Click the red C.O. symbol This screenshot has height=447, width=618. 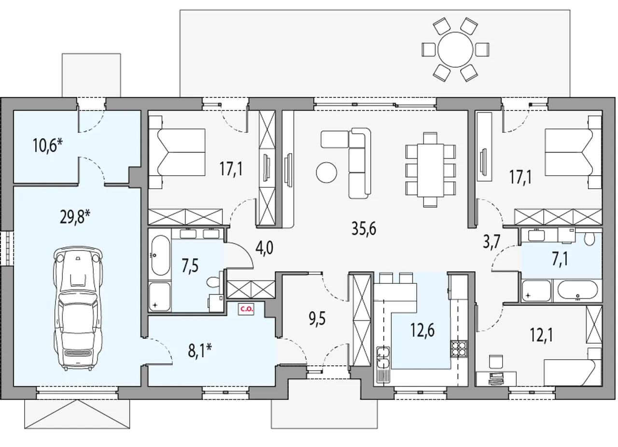pyautogui.click(x=246, y=309)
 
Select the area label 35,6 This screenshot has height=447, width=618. pyautogui.click(x=364, y=228)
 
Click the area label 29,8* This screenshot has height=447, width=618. pyautogui.click(x=75, y=217)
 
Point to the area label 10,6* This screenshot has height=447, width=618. pyautogui.click(x=48, y=145)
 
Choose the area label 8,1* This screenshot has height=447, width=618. pyautogui.click(x=200, y=350)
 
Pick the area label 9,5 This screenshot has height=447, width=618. pyautogui.click(x=317, y=319)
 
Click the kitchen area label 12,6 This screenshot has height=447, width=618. pyautogui.click(x=422, y=330)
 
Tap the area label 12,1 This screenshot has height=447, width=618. pyautogui.click(x=541, y=335)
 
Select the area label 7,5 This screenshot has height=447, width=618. pyautogui.click(x=190, y=266)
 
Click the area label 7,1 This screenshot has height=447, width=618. pyautogui.click(x=560, y=259)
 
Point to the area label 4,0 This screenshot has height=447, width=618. pyautogui.click(x=264, y=248)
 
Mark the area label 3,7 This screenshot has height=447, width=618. pyautogui.click(x=492, y=242)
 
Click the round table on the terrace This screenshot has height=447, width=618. pyautogui.click(x=455, y=50)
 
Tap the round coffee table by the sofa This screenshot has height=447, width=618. pyautogui.click(x=326, y=172)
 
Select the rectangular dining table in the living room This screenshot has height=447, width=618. pyautogui.click(x=430, y=170)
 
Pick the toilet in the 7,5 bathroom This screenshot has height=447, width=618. pyautogui.click(x=213, y=282)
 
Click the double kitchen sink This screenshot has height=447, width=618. pyautogui.click(x=383, y=357)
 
